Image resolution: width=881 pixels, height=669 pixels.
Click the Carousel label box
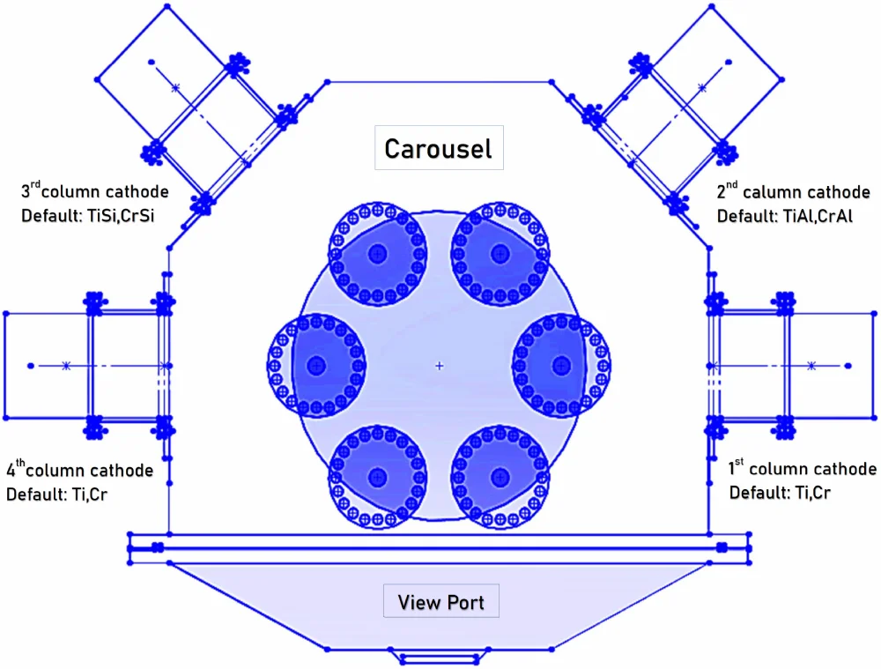(438, 148)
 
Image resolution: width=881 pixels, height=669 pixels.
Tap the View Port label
(440, 603)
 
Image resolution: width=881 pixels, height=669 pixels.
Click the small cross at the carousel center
(440, 365)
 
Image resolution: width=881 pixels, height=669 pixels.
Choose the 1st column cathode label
(803, 469)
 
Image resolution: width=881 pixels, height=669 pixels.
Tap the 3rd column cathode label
(94, 191)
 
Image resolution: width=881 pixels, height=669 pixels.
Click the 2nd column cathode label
(794, 192)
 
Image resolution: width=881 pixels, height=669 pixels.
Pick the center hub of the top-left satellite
(378, 254)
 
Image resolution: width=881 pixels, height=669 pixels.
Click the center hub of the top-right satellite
(500, 254)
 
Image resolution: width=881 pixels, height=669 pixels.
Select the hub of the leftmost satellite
(316, 365)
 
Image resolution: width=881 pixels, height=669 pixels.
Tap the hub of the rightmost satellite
(561, 365)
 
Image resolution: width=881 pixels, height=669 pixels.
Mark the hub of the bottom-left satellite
(378, 477)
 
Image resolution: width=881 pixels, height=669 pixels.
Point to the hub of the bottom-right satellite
(500, 477)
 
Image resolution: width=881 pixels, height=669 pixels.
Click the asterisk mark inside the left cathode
(65, 365)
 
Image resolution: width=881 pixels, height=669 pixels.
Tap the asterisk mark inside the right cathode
(811, 365)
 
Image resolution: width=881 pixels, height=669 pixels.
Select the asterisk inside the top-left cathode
(175, 87)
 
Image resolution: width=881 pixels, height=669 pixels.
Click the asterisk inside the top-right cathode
(702, 87)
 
